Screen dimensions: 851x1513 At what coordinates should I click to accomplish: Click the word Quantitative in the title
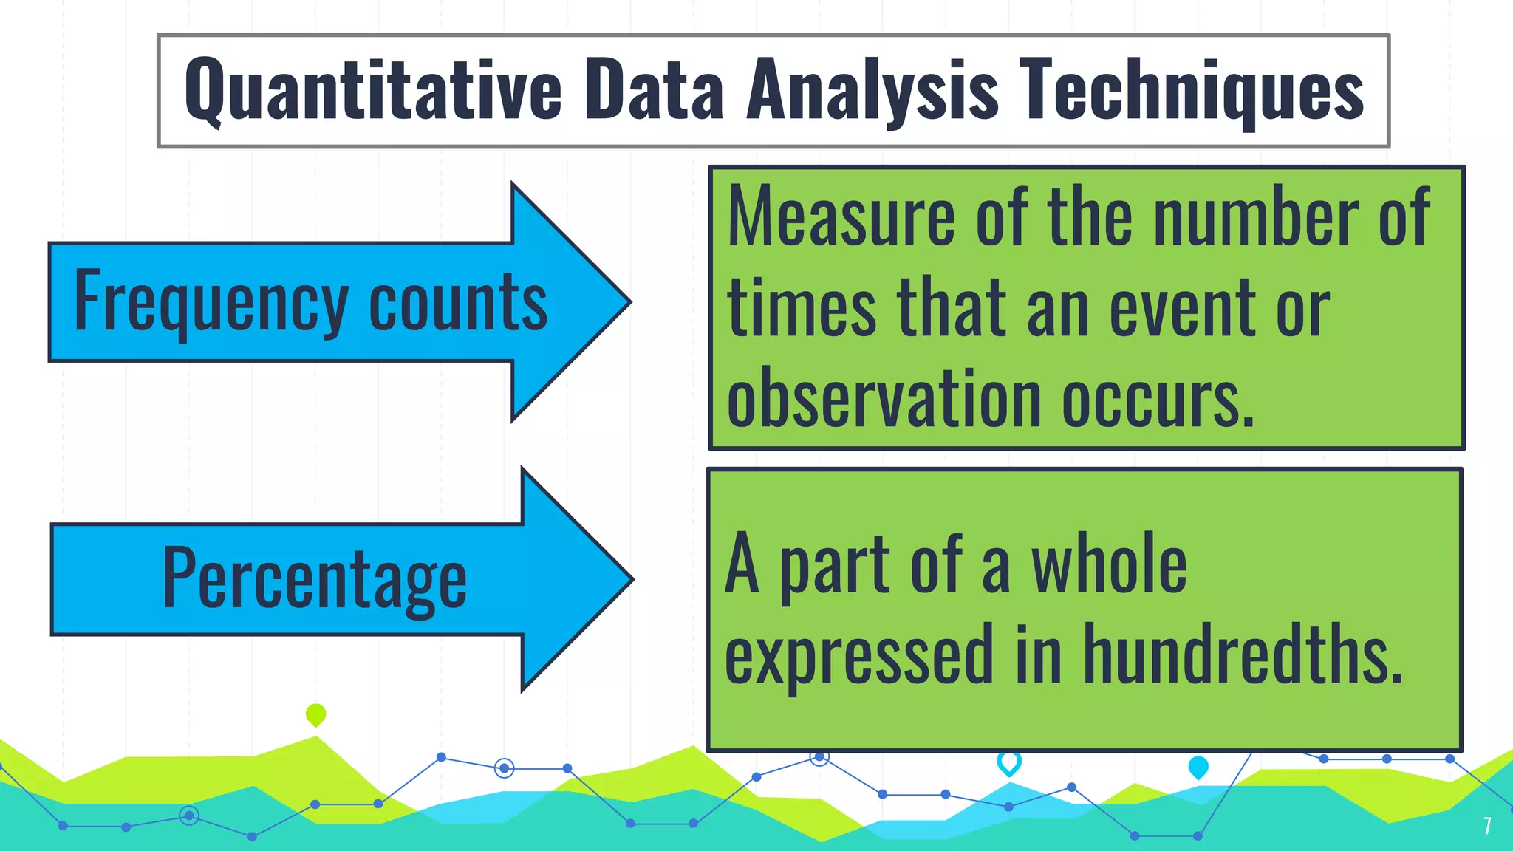tap(373, 90)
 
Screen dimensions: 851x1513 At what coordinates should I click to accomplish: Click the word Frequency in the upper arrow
tap(211, 301)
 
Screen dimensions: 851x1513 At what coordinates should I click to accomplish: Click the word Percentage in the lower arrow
tap(314, 579)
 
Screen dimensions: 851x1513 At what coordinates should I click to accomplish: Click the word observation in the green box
tap(883, 399)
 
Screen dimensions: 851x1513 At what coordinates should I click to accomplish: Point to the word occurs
tap(1158, 399)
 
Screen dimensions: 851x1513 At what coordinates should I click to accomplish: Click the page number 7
tap(1487, 825)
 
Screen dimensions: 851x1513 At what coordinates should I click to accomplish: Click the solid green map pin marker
tap(315, 714)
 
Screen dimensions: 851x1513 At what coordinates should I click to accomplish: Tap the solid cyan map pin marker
tap(1198, 767)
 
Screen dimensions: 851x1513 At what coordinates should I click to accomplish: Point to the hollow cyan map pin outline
tap(1008, 762)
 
